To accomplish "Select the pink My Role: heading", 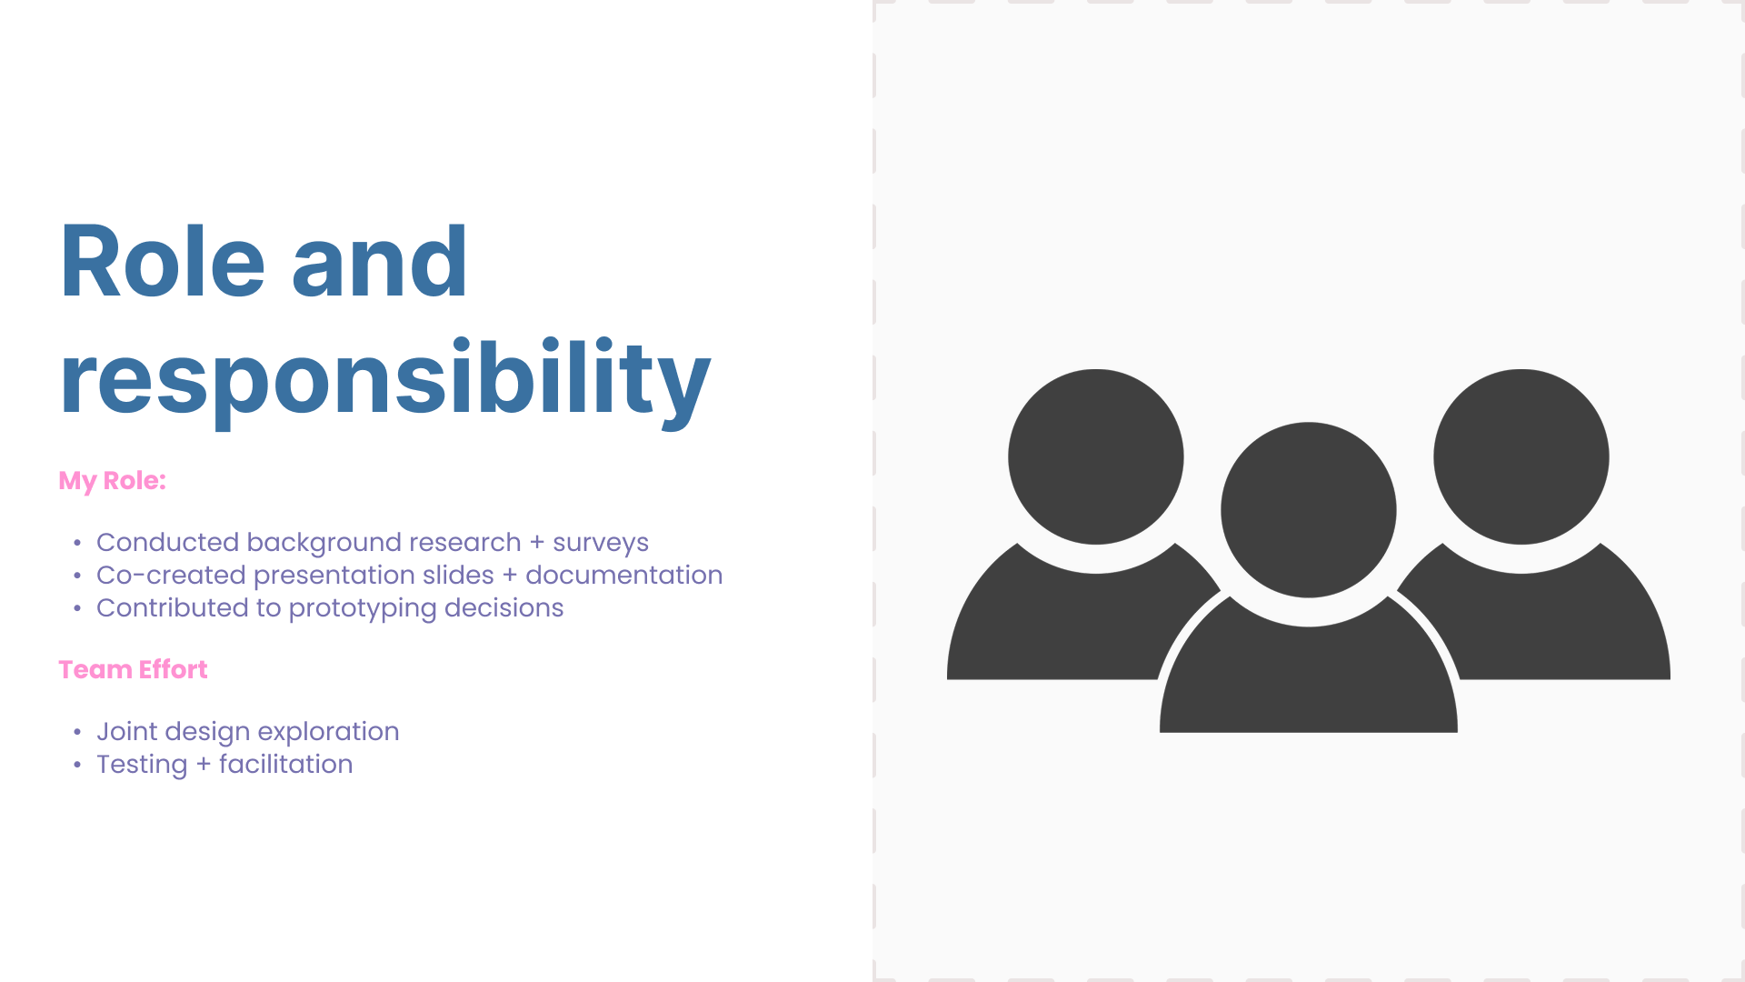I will [x=112, y=480].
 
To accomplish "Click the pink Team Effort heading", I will [x=133, y=669].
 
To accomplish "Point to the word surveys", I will [x=601, y=542].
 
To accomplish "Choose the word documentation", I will [x=623, y=575].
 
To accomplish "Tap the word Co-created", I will [x=171, y=575].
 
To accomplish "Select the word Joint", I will [x=126, y=731].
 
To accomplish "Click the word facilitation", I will [x=285, y=764].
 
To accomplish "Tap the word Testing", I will [x=142, y=765].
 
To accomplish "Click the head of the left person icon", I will [x=1095, y=456].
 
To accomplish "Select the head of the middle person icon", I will [x=1308, y=509].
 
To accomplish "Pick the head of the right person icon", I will [x=1521, y=456].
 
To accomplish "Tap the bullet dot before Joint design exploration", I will [x=77, y=732].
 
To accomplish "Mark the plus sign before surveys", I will [x=536, y=542].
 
